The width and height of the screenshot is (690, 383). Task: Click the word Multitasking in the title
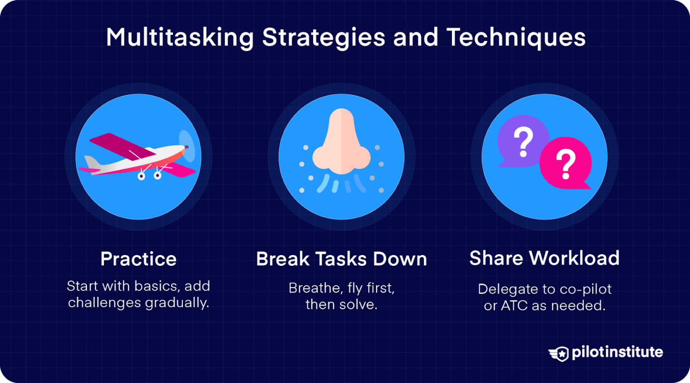180,38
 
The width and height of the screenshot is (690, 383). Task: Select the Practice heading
138,259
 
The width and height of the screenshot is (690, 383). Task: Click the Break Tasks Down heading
341,259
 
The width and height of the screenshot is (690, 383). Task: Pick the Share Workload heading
544,258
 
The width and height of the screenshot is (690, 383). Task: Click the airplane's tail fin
91,163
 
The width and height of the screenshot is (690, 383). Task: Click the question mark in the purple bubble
523,141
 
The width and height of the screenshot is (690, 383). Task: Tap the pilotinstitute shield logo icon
559,353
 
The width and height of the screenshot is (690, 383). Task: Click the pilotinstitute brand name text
617,352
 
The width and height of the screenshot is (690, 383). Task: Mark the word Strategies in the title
323,38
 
